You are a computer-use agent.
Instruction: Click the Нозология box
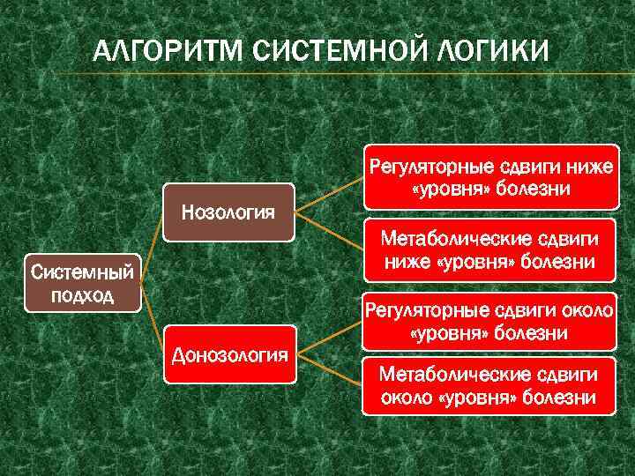click(228, 212)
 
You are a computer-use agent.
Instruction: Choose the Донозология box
click(228, 354)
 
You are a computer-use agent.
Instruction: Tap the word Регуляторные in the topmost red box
click(422, 166)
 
